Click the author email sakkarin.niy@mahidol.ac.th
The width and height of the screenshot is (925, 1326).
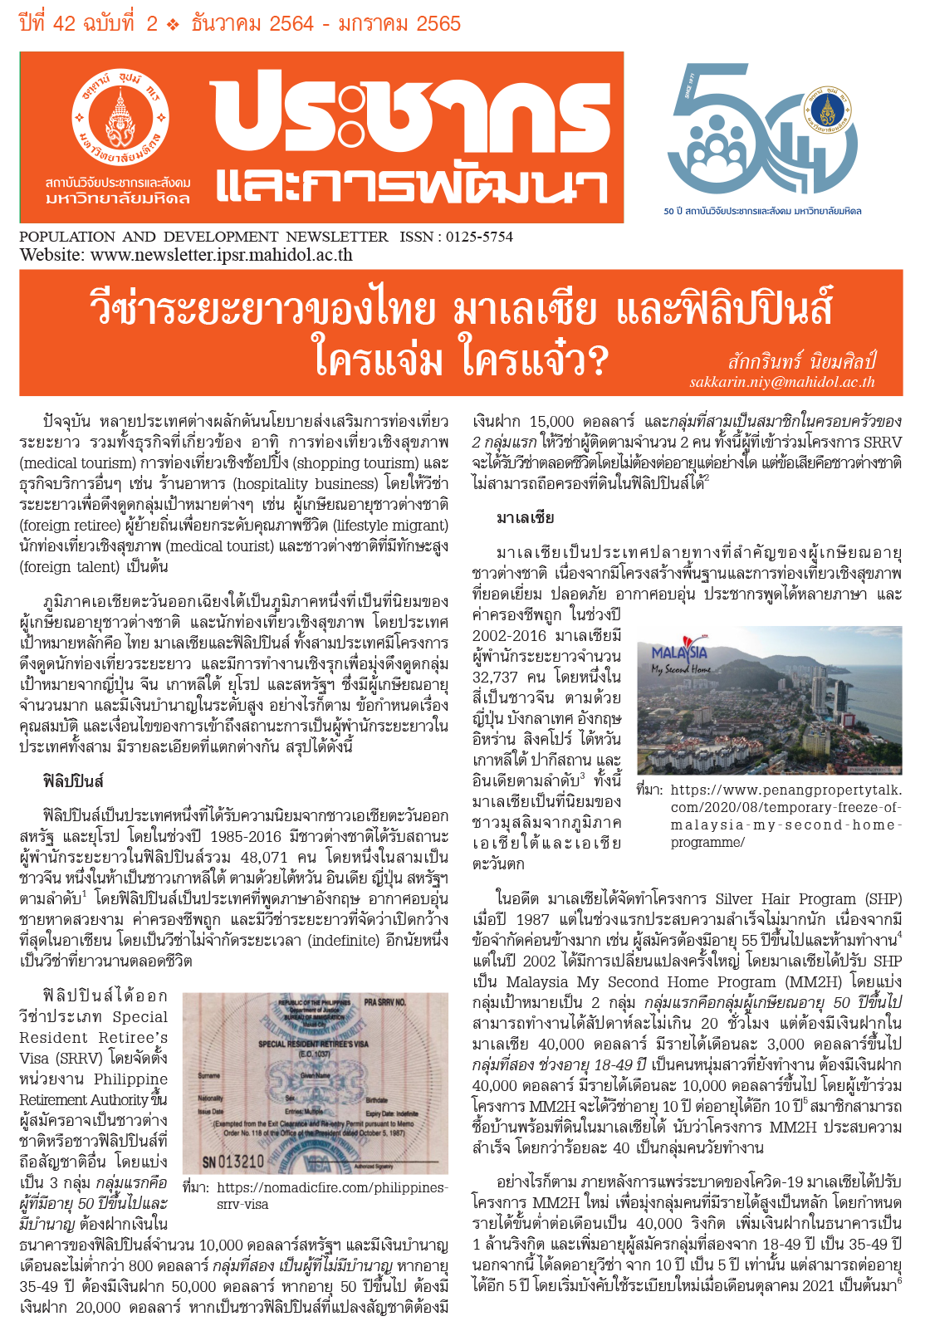[x=782, y=382]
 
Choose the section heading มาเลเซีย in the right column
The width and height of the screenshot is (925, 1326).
[x=525, y=518]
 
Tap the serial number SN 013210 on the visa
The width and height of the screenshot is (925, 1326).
[x=234, y=1161]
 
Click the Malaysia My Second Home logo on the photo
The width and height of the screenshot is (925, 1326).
[x=680, y=659]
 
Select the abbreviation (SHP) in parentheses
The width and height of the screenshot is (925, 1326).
[x=883, y=898]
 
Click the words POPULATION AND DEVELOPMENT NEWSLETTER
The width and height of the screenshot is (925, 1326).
[x=203, y=237]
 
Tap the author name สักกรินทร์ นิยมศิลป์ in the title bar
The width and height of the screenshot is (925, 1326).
[x=801, y=362]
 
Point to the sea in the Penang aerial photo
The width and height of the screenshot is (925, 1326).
[x=872, y=706]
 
